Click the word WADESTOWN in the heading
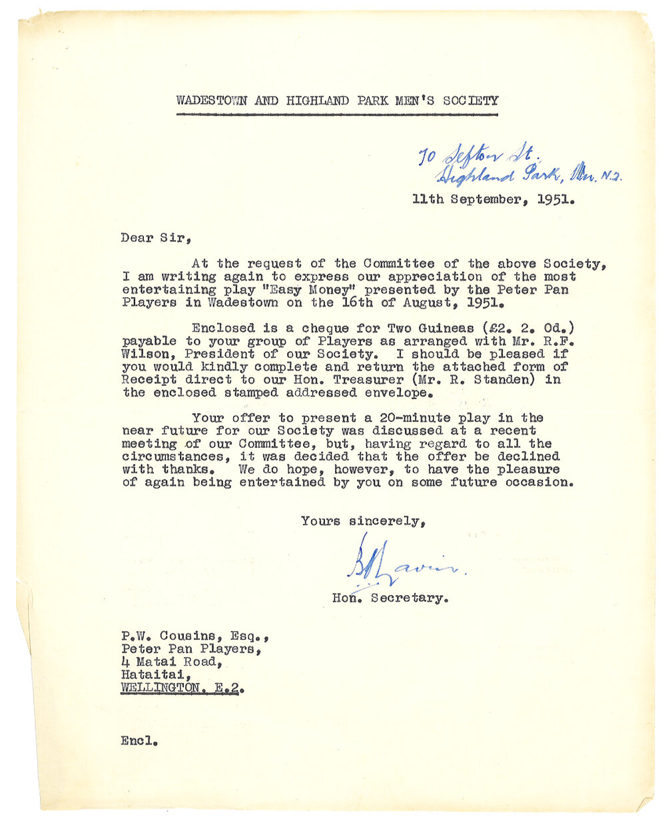(211, 101)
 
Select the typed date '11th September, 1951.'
(493, 199)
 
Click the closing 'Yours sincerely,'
(364, 521)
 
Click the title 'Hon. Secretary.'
(390, 598)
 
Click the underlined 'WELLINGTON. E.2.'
(180, 688)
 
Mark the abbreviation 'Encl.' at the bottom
(139, 740)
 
